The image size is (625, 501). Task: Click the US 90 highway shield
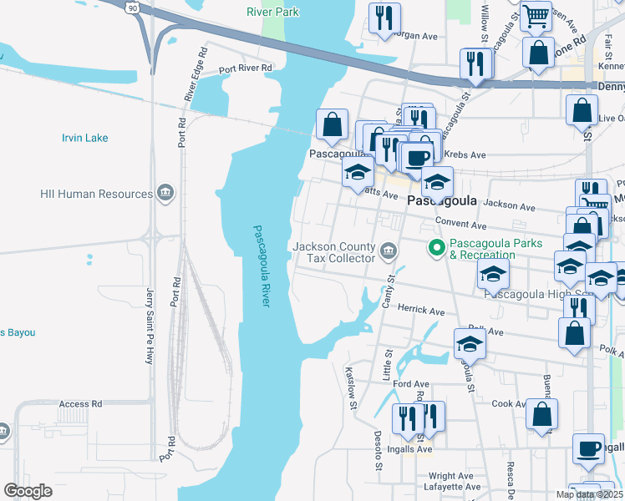(x=133, y=8)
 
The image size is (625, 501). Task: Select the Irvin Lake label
(x=84, y=137)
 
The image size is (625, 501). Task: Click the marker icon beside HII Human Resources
(x=165, y=194)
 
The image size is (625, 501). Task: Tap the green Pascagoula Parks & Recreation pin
(x=435, y=248)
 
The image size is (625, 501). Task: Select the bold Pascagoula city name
(x=441, y=201)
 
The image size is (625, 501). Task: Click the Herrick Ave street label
(x=420, y=311)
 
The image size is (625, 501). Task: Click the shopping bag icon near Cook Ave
(x=542, y=414)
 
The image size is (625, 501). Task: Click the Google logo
(x=28, y=490)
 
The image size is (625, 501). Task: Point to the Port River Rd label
(x=246, y=68)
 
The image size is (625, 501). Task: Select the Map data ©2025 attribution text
(x=588, y=494)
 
